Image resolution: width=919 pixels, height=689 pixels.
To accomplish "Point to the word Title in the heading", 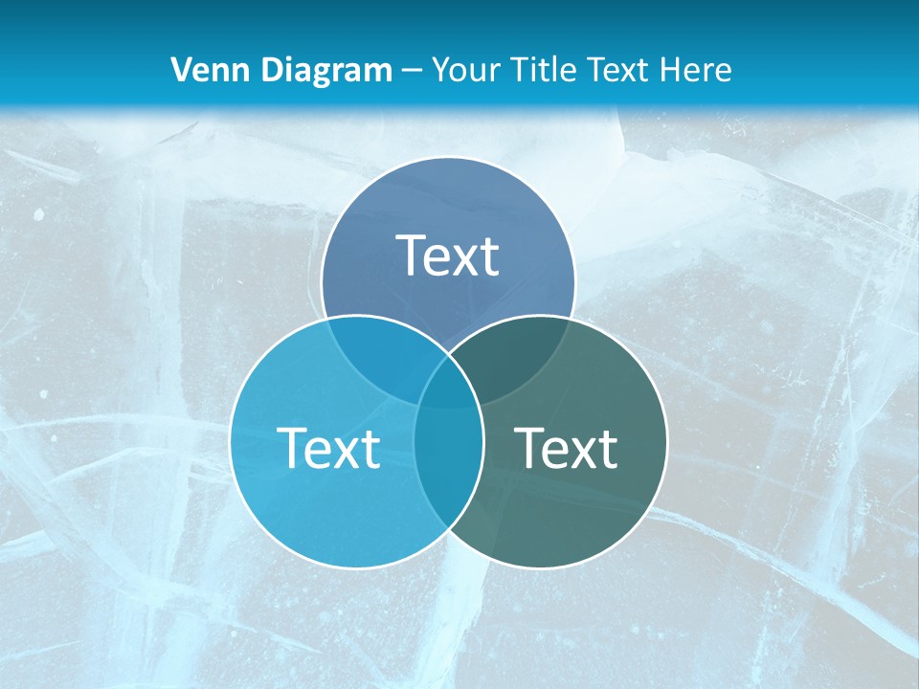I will [x=546, y=70].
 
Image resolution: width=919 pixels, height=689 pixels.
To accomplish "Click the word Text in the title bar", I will [x=618, y=70].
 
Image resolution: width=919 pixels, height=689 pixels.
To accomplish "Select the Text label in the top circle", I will [x=448, y=256].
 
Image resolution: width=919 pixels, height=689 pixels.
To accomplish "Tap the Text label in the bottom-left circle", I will [x=328, y=447].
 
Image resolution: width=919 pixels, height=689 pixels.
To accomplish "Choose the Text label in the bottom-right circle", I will [x=566, y=447].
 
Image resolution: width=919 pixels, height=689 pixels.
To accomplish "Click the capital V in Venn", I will [x=180, y=70].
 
